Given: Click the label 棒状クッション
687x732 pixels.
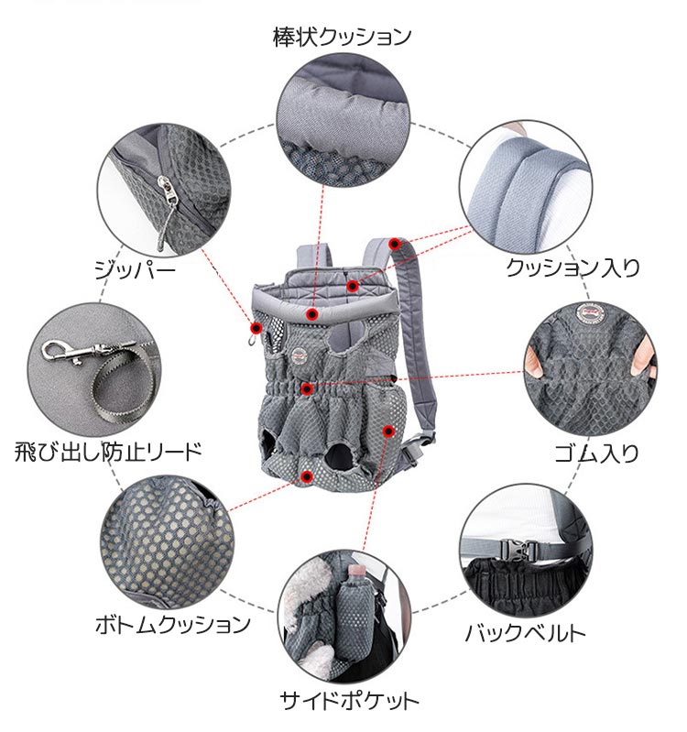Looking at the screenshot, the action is click(342, 37).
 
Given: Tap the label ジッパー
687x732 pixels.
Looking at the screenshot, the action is click(135, 270).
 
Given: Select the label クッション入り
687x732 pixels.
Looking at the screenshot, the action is click(572, 268).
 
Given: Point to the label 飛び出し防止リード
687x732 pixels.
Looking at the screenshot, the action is click(108, 452).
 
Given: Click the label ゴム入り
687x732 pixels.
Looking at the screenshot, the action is click(596, 453).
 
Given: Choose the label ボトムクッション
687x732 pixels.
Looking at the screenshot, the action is click(173, 625).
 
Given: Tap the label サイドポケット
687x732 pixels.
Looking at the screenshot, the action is click(349, 701).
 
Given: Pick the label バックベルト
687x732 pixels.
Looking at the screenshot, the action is click(526, 633).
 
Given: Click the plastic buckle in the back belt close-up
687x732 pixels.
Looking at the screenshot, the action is click(518, 550).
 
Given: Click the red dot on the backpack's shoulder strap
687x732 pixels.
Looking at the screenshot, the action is click(395, 243).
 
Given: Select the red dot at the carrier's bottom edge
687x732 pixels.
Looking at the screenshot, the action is click(307, 476).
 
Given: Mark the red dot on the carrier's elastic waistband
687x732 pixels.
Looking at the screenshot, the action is click(307, 388).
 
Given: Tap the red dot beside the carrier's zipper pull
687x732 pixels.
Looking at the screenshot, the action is click(256, 328).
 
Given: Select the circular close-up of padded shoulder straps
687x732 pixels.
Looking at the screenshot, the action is click(526, 187).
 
